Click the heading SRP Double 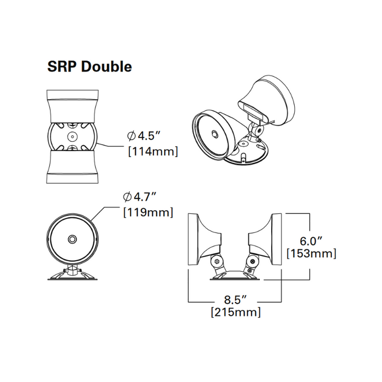tap(89, 67)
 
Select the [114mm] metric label tap(153, 151)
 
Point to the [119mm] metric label tap(148, 212)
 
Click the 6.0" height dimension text tap(311, 240)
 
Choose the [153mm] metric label tap(311, 254)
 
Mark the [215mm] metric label tap(235, 313)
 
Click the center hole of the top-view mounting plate tap(71, 135)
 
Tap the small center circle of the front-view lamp tap(71, 239)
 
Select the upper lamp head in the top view tap(71, 106)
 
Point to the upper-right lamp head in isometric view tap(271, 98)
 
